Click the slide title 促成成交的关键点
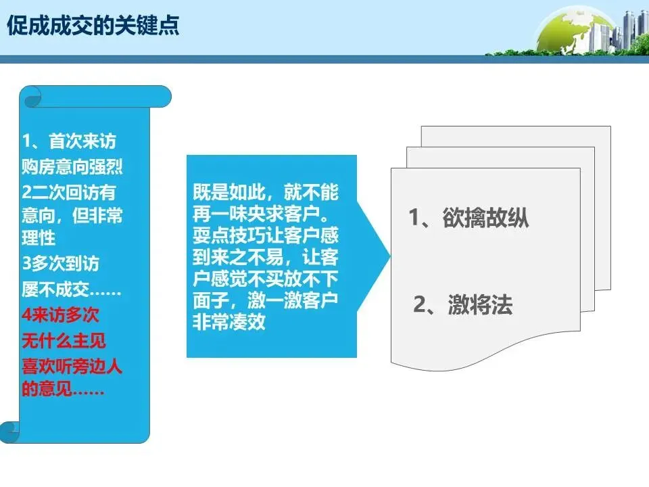[x=93, y=26]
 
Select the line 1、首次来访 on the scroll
[x=69, y=142]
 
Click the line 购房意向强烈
[x=72, y=166]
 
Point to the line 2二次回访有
[x=68, y=191]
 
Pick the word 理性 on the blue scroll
[x=39, y=239]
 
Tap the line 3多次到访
[x=60, y=264]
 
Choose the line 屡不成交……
[x=71, y=289]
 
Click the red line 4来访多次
[x=60, y=315]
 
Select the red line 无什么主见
[x=64, y=340]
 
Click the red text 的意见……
[x=62, y=390]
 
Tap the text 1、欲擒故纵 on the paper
[x=468, y=218]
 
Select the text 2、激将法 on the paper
[x=463, y=306]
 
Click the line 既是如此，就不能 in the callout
[x=265, y=192]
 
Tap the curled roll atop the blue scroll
[x=95, y=97]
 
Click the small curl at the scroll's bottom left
[x=9, y=431]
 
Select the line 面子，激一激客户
[x=265, y=300]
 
